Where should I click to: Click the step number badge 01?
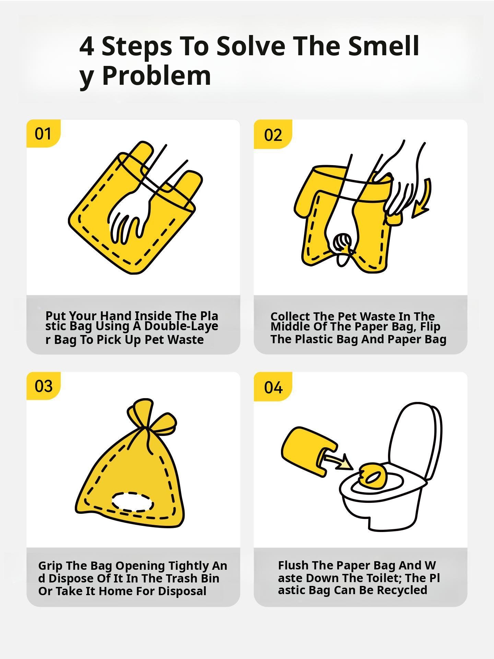coord(44,134)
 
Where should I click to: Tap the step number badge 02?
coord(273,134)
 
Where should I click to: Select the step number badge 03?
coord(44,386)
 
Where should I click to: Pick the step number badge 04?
coord(273,386)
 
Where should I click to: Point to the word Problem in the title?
coord(156,76)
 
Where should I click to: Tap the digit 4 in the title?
coord(86,46)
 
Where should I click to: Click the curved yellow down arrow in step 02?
coord(422,199)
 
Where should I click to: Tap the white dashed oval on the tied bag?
coord(132,502)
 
